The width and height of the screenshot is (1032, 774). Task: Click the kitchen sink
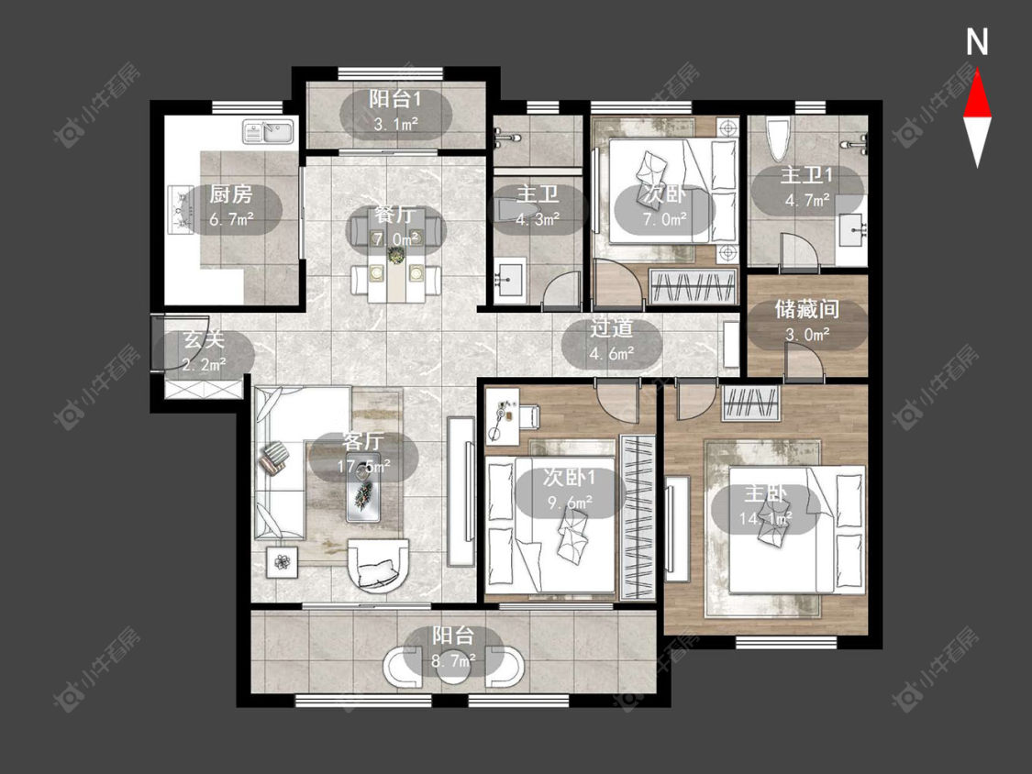(x=269, y=131)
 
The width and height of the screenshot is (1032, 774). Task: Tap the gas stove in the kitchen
(x=181, y=210)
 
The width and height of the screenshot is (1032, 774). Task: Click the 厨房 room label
(x=231, y=194)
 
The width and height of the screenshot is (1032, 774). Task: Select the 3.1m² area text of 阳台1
(x=396, y=123)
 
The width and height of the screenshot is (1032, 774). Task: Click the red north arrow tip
(x=977, y=72)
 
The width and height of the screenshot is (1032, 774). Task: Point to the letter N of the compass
(x=977, y=42)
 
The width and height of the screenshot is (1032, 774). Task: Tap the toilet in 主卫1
(x=778, y=138)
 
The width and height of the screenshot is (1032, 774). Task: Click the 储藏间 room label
(x=807, y=309)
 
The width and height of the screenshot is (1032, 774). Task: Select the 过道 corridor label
(x=612, y=328)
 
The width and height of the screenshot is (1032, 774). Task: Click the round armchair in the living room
(x=378, y=564)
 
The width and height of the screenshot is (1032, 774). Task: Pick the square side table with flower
(x=283, y=562)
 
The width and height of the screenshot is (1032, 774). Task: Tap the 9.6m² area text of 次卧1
(x=570, y=503)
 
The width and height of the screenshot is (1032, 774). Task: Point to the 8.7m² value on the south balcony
(x=453, y=660)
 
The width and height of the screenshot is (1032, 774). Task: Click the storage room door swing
(x=805, y=364)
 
